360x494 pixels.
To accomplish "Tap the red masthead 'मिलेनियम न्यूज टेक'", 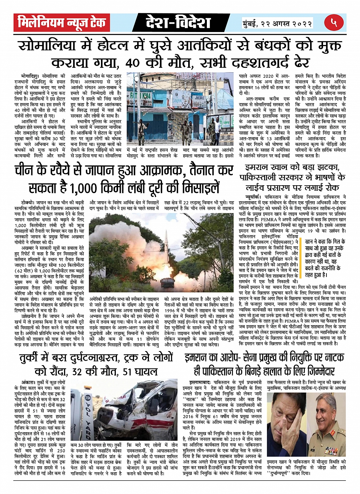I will (62, 23).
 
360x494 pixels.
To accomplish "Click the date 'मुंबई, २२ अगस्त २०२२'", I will (277, 23).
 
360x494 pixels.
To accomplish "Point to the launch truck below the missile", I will (166, 281).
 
